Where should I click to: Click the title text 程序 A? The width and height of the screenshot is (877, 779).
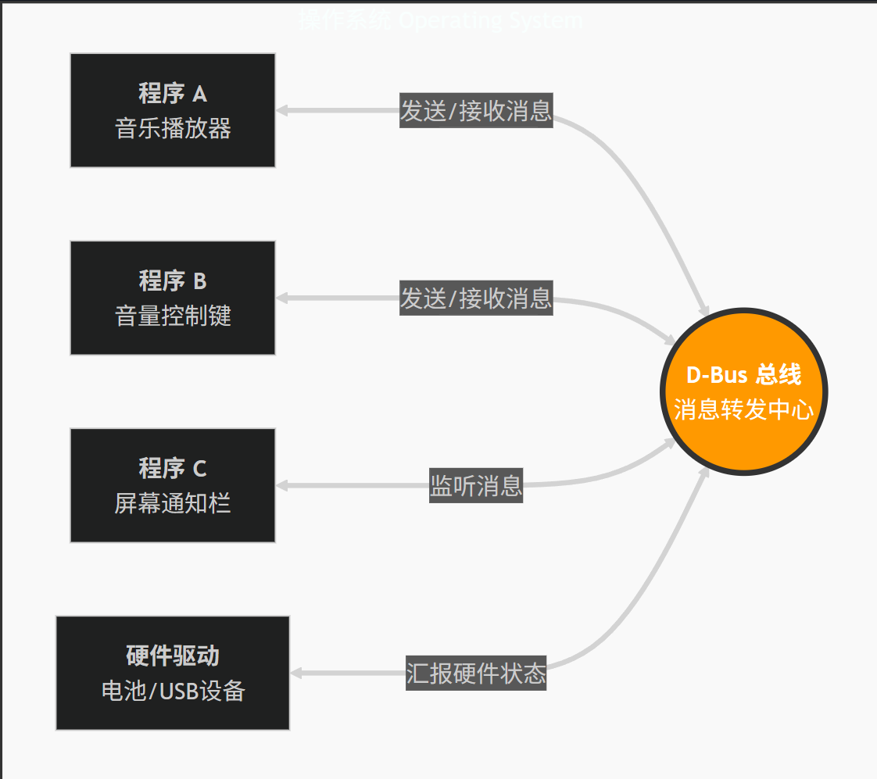[173, 94]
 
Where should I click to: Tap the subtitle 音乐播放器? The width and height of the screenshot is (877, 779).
[173, 128]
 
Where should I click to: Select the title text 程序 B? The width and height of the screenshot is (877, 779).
[173, 281]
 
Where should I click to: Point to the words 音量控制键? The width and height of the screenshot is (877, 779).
[173, 316]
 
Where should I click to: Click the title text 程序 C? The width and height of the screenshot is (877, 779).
[173, 468]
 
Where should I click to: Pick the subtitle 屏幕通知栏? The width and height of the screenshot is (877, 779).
[173, 503]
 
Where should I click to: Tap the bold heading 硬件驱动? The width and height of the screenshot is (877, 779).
[173, 656]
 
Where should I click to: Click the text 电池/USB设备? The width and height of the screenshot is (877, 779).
[173, 691]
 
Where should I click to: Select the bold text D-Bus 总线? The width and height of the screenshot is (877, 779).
[743, 375]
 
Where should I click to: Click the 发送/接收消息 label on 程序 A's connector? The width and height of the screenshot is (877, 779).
[476, 111]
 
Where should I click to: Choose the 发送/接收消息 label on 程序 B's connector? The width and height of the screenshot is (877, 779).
[476, 298]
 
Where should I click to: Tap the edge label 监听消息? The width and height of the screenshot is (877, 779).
[476, 485]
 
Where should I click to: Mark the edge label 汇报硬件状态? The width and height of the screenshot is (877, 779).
[476, 674]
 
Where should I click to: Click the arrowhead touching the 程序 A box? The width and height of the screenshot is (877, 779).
[282, 110]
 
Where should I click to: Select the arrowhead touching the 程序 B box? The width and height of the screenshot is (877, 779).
[282, 298]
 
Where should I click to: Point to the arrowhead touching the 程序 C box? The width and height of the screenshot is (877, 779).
[282, 485]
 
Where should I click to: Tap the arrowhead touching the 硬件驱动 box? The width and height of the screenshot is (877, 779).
[296, 673]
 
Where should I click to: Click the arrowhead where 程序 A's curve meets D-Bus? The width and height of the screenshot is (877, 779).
[704, 310]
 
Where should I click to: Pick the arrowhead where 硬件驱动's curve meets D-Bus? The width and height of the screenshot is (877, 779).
[704, 471]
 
